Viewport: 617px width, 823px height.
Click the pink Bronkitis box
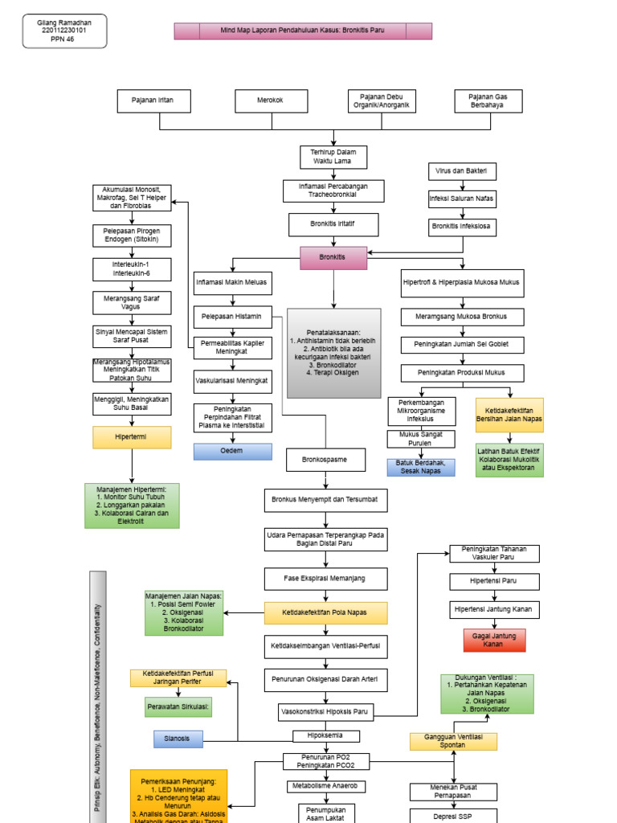333,258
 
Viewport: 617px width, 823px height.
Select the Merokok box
271,100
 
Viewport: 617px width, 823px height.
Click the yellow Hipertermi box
132,436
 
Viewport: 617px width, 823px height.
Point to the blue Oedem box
232,451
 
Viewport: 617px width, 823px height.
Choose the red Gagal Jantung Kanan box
494,640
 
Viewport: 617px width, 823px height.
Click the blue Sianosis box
178,739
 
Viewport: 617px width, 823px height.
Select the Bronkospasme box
326,460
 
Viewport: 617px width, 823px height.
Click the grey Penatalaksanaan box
333,353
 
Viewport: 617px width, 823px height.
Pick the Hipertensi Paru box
494,581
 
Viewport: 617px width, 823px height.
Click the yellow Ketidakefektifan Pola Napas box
325,612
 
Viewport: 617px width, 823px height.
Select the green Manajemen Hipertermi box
132,505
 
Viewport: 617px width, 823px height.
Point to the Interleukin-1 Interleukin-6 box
132,268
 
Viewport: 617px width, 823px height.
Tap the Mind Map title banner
303,31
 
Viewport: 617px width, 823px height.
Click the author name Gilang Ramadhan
64,23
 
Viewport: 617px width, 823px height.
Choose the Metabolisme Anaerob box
326,785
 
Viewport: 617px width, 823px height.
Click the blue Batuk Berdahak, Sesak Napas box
420,467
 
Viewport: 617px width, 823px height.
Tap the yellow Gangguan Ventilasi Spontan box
454,741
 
